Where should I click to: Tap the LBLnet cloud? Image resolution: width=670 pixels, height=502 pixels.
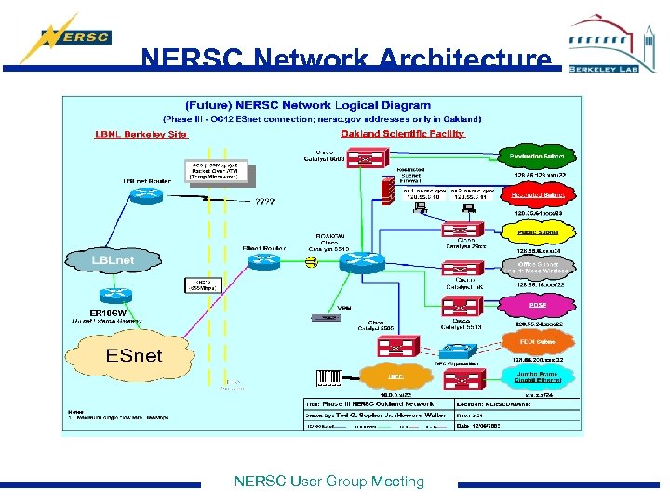[113, 259]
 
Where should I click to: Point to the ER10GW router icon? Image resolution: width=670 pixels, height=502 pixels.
[110, 295]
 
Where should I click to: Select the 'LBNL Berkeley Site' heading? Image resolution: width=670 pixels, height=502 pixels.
[141, 134]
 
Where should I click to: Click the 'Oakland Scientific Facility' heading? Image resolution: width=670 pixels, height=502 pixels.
[402, 134]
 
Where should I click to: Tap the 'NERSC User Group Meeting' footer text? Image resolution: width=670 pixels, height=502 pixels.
[328, 482]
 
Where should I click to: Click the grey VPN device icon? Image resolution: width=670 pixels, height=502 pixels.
[325, 318]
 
